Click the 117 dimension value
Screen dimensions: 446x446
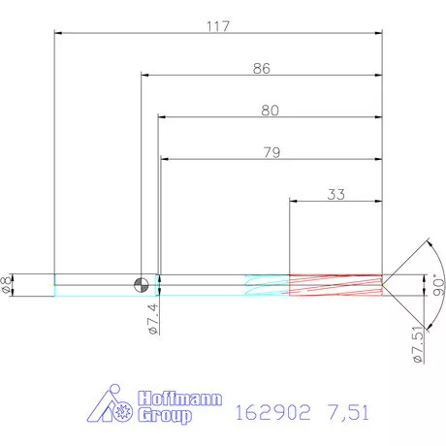217,26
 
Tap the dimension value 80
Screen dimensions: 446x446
270,111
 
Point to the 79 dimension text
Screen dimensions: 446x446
271,151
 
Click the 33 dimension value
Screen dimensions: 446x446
335,194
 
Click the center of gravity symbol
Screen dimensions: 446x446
142,284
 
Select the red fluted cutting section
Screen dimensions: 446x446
335,284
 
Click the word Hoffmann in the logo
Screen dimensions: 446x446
180,399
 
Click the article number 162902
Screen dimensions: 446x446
271,413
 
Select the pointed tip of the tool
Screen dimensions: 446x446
384,284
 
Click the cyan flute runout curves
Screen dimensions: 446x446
266,284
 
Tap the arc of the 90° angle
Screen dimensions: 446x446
427,252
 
